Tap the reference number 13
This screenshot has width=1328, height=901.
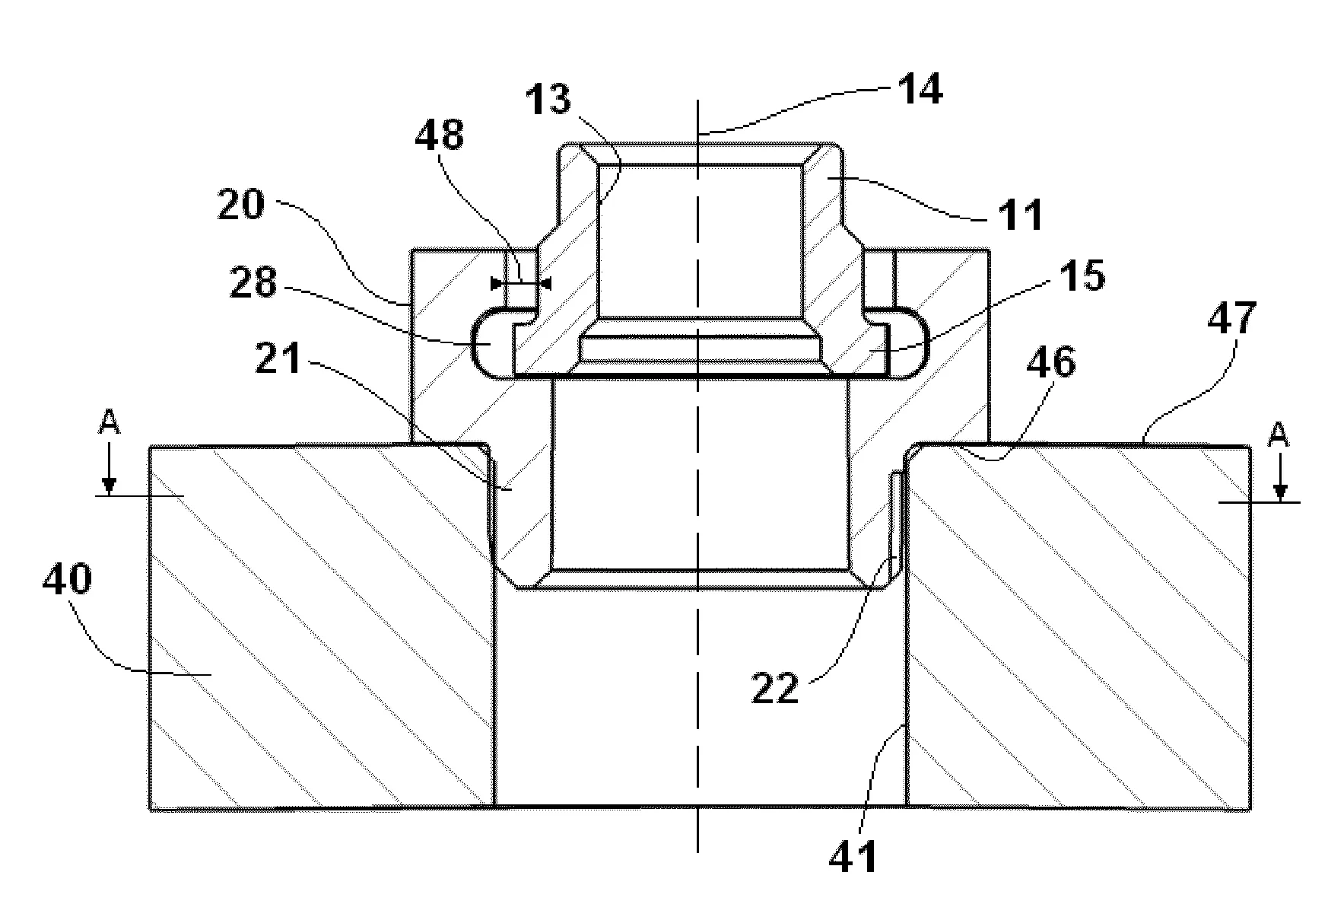pyautogui.click(x=548, y=100)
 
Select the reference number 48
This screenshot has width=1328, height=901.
pyautogui.click(x=439, y=136)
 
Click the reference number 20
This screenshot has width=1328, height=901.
pyautogui.click(x=241, y=205)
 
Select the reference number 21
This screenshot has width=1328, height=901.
pyautogui.click(x=278, y=358)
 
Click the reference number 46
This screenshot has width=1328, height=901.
pyautogui.click(x=1050, y=363)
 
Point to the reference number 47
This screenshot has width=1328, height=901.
pyautogui.click(x=1233, y=319)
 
